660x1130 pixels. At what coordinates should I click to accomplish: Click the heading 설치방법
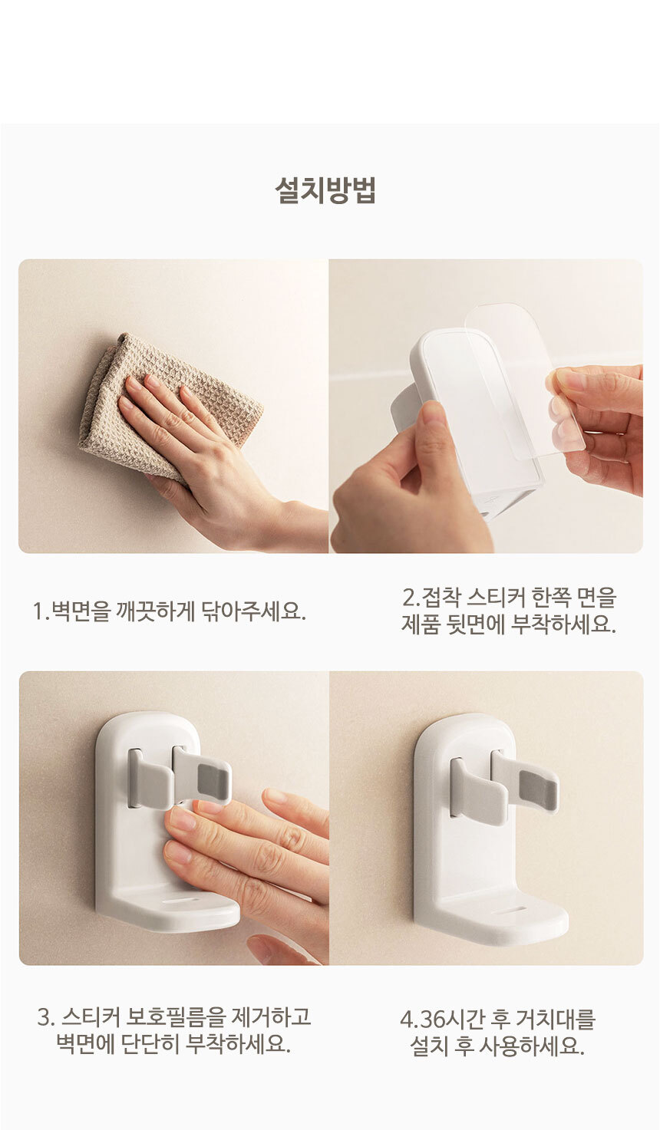tap(325, 189)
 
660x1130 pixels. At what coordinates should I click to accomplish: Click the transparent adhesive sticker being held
tap(525, 378)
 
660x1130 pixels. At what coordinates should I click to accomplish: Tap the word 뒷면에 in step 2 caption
tap(475, 625)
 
